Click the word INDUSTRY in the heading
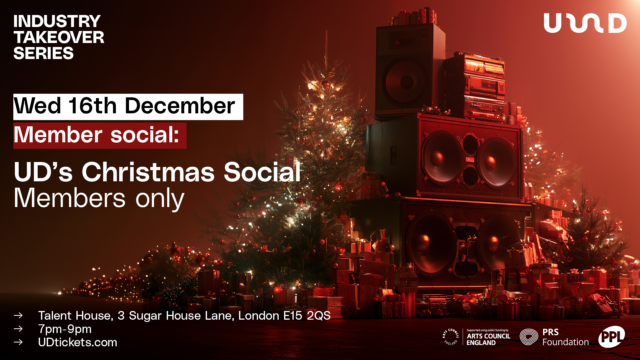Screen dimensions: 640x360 tap(57, 21)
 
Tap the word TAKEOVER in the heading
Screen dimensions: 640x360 tap(59, 37)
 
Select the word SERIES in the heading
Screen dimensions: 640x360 tap(43, 53)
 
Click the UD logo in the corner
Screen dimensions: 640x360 tap(585, 23)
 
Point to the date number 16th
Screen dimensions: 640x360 tap(92, 106)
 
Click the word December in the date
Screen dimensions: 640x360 tap(180, 106)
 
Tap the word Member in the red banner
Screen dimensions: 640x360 tap(58, 135)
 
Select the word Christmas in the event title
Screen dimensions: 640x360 tap(148, 172)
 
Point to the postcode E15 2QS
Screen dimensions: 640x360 tap(307, 316)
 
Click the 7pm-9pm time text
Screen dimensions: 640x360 tap(65, 329)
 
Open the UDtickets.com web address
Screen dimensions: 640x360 tap(78, 342)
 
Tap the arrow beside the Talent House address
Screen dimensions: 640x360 tap(18, 315)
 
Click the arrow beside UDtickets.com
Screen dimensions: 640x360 tap(18, 342)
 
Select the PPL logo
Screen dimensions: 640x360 tap(611, 337)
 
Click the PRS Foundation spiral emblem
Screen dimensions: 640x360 tap(529, 337)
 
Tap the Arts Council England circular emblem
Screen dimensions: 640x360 tap(450, 337)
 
